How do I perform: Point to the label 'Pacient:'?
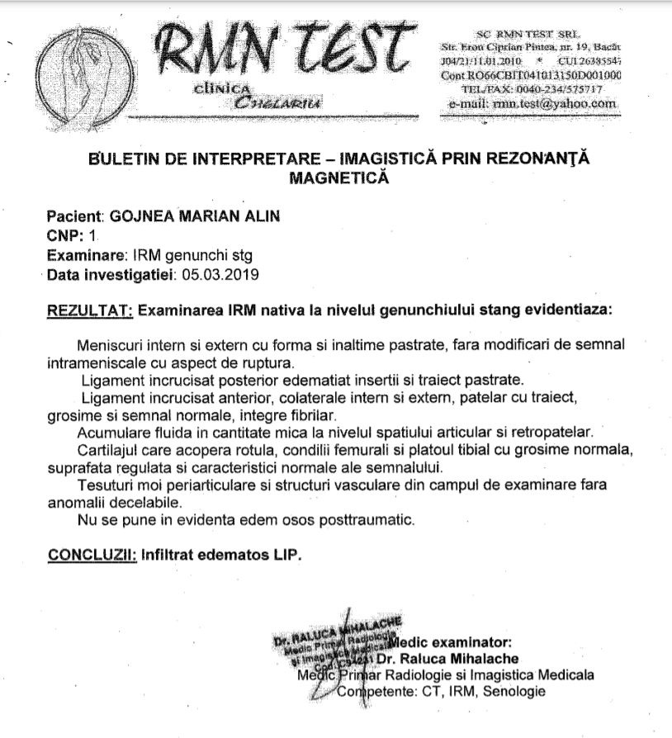point(72,217)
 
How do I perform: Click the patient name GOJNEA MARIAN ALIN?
point(195,217)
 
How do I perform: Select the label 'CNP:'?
point(64,235)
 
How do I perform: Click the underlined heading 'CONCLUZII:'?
point(92,554)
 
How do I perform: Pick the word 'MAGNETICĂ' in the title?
point(337,176)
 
